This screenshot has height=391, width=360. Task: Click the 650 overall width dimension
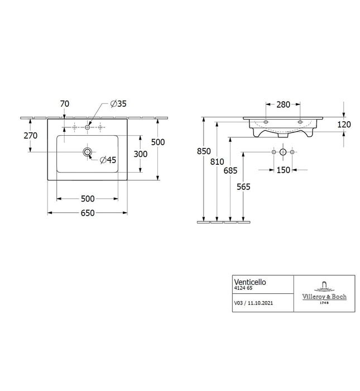[x=88, y=213]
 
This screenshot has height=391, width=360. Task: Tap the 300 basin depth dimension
[x=141, y=154]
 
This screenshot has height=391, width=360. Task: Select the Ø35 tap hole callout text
[x=118, y=104]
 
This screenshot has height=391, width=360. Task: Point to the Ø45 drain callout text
[x=108, y=160]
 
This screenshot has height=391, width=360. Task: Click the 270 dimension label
[x=31, y=136]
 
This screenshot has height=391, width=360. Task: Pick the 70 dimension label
[x=65, y=104]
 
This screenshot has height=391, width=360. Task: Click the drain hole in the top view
[x=87, y=151]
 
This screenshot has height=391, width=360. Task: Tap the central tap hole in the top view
[x=87, y=127]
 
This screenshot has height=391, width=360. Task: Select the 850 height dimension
[x=204, y=151]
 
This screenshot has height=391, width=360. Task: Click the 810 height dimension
[x=217, y=161]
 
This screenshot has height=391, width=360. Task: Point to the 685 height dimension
[x=231, y=170]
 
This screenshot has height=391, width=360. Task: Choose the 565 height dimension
[x=243, y=187]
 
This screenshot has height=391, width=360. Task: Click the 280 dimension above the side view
[x=284, y=104]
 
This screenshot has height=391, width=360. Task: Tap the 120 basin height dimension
[x=344, y=124]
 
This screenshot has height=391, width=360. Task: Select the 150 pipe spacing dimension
[x=284, y=170]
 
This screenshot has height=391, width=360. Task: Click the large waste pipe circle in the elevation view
[x=283, y=152]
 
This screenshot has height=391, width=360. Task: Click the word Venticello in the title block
[x=250, y=282]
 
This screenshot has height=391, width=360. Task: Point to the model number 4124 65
[x=243, y=288]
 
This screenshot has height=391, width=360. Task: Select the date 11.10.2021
[x=260, y=303]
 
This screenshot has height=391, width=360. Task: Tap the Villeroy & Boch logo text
[x=324, y=297]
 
